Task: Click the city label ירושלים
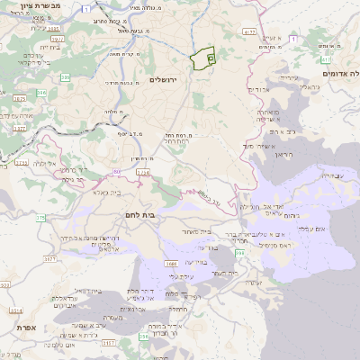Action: click(x=188, y=80)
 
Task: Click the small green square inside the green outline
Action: click(x=211, y=58)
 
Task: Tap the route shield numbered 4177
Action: click(x=250, y=32)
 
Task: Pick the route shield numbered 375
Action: click(x=41, y=218)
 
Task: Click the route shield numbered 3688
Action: click(x=171, y=264)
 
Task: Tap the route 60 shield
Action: click(x=117, y=170)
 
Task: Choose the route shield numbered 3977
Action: click(x=56, y=40)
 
